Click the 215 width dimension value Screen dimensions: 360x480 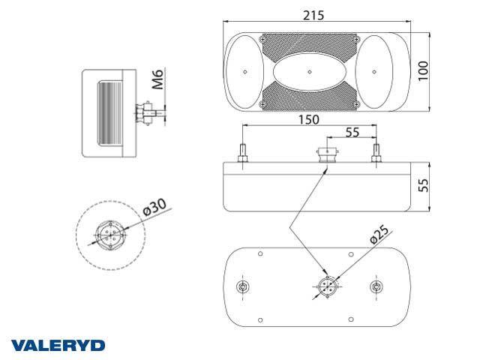(314, 16)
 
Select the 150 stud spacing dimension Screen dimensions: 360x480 (307, 119)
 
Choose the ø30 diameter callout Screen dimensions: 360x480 (154, 207)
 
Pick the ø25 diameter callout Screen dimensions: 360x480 (379, 237)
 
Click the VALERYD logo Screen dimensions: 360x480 (58, 346)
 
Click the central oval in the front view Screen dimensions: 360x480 (310, 72)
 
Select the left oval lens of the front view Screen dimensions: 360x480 (244, 72)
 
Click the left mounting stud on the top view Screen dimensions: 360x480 (242, 153)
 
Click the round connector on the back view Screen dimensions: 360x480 (327, 286)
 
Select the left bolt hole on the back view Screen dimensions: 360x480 (242, 287)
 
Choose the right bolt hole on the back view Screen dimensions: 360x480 (376, 287)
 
